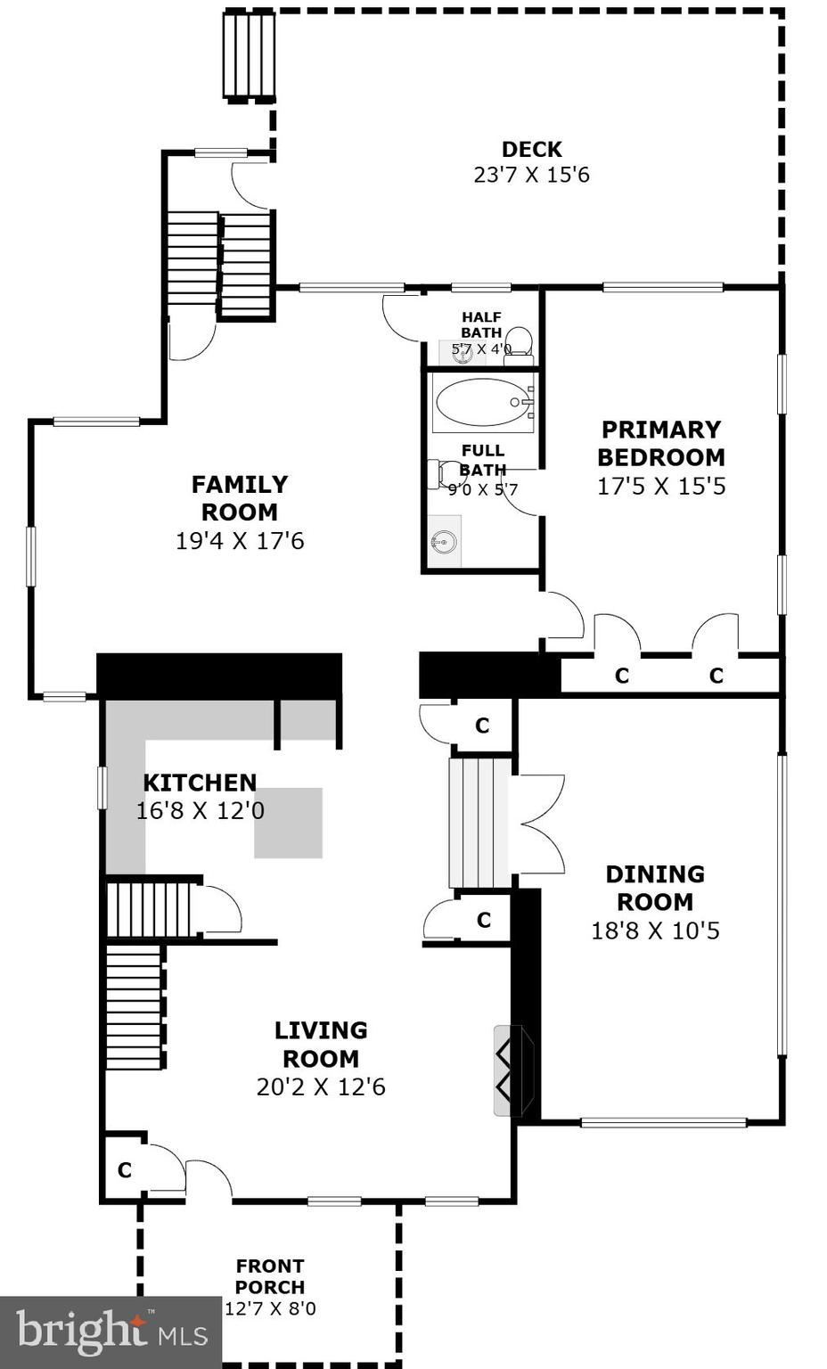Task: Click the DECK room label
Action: tap(531, 149)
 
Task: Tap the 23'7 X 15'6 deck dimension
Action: tap(531, 175)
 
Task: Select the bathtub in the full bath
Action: tap(483, 403)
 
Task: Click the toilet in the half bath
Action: tap(519, 342)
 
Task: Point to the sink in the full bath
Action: tap(443, 541)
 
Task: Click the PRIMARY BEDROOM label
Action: tap(660, 443)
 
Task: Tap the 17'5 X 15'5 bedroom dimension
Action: tap(660, 487)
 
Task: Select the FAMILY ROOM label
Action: tap(239, 497)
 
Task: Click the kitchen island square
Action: tap(288, 823)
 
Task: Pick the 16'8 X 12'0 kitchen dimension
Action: tap(200, 811)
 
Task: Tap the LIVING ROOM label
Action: tap(320, 1044)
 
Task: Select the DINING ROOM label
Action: tap(655, 888)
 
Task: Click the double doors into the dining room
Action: tap(538, 824)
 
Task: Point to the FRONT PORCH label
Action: tap(270, 1276)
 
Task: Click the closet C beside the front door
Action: tap(125, 1169)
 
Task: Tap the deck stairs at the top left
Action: tap(249, 55)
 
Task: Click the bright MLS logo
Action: tap(111, 1332)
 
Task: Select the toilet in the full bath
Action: tap(443, 473)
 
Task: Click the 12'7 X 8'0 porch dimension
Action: tap(270, 1308)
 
